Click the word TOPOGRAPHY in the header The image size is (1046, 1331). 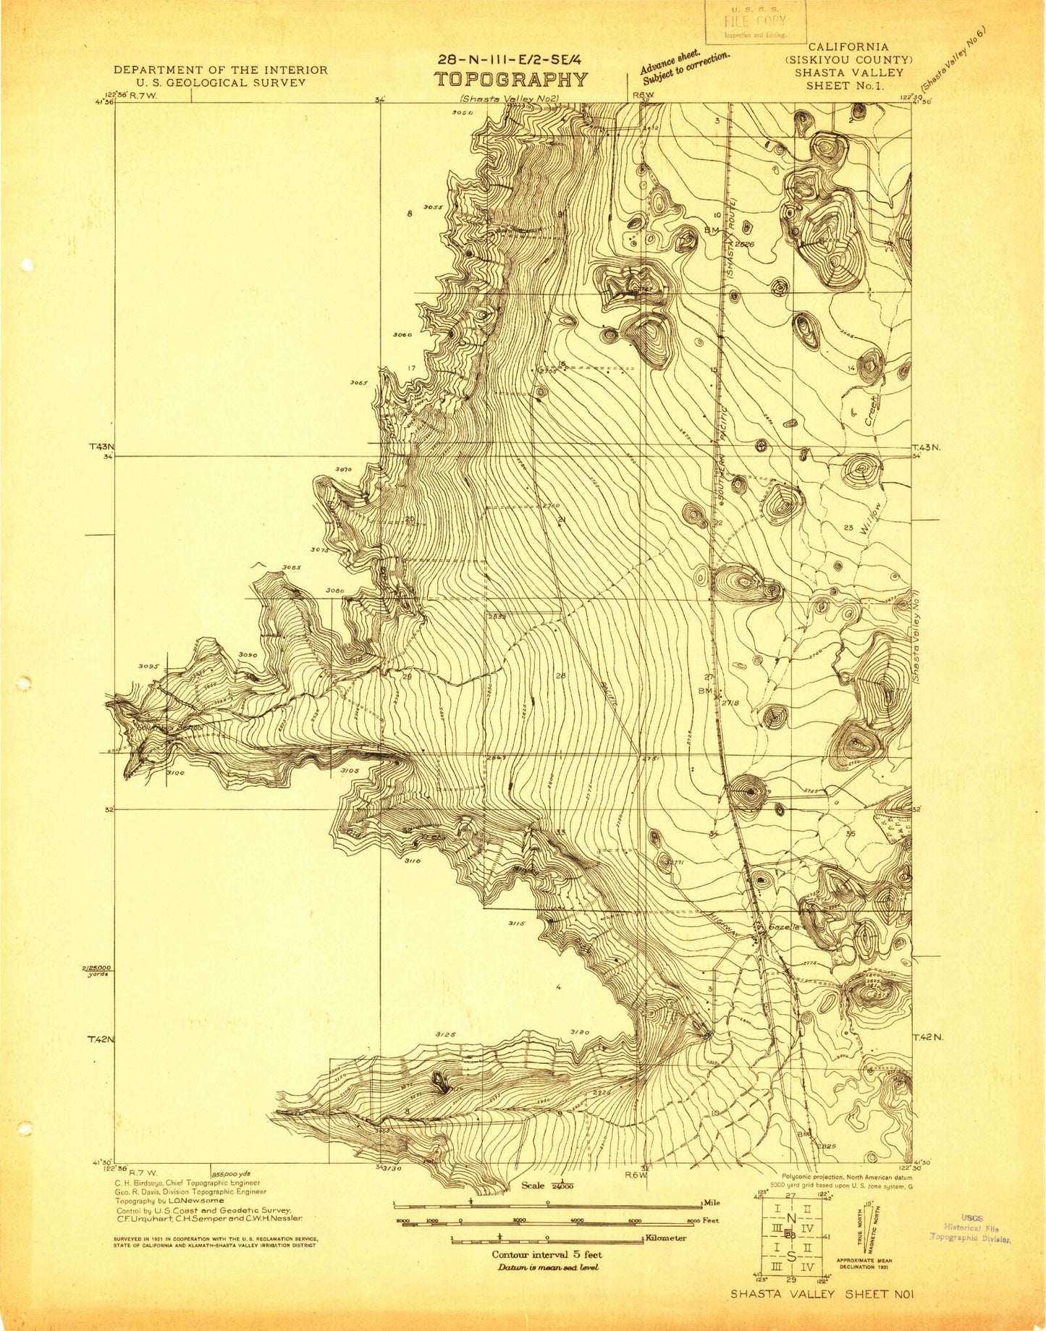tap(511, 80)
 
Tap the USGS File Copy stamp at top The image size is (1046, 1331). tap(756, 22)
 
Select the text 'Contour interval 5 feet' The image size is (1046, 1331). tap(547, 1254)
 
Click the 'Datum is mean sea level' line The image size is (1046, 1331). tap(547, 1267)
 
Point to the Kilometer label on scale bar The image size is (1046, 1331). tap(666, 1238)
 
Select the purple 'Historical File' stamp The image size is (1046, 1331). tap(970, 1228)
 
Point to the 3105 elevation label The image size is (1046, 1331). tap(350, 771)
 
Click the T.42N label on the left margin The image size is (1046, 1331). tap(101, 1039)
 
